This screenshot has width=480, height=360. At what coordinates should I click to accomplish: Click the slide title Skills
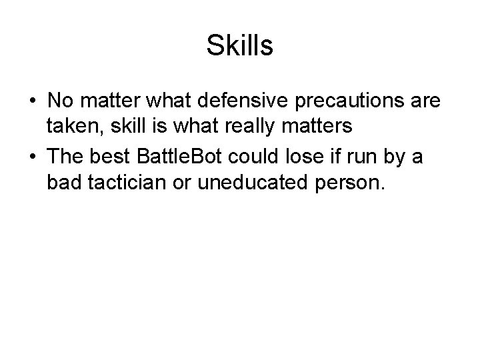(x=240, y=45)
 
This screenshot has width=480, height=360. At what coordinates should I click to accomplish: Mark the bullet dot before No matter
(x=33, y=102)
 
